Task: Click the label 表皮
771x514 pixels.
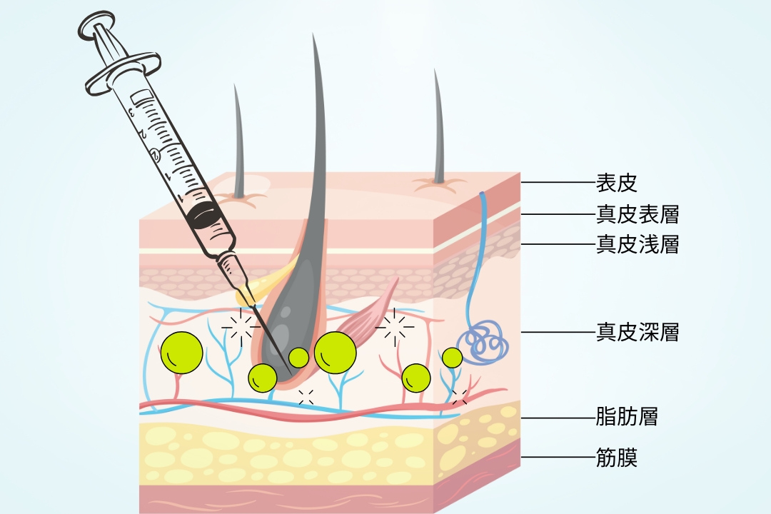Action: pos(616,183)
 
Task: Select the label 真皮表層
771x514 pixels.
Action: pos(637,214)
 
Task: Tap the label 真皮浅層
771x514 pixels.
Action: pos(637,245)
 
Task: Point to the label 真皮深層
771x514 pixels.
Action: pos(637,332)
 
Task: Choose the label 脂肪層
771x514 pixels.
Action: pos(626,416)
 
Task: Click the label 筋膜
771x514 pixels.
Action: pos(616,457)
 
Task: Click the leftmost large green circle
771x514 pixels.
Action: pos(181,353)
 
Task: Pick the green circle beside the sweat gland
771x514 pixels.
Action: pos(452,357)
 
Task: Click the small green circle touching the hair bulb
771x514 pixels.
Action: pos(298,357)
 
